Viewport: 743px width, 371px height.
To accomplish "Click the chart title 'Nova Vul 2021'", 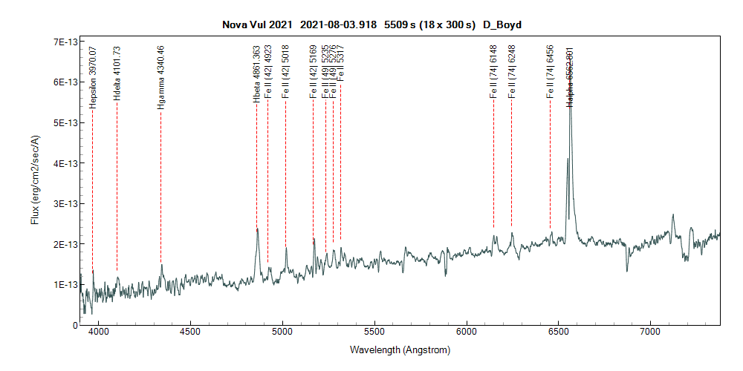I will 257,24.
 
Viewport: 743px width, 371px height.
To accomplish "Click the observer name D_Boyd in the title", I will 502,24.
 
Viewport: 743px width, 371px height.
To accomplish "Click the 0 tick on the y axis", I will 74,325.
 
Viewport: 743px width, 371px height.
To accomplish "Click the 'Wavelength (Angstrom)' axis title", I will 400,349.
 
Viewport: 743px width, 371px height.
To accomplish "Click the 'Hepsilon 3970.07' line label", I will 93,77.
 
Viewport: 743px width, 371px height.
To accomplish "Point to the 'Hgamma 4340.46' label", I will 160,77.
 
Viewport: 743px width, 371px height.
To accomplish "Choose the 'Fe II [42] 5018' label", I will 285,74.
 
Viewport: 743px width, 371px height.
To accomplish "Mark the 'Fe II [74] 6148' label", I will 493,74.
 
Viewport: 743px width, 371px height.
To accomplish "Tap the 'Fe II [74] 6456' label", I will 550,74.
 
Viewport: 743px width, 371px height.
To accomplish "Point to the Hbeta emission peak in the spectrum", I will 257,229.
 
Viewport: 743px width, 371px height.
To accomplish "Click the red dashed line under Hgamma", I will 160,185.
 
